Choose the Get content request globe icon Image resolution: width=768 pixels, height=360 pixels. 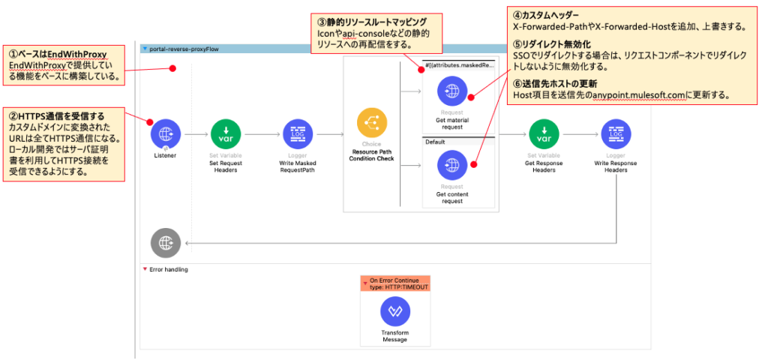click(x=451, y=166)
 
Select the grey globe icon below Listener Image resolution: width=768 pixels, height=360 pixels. click(x=165, y=242)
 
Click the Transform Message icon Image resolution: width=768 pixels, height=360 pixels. click(x=394, y=312)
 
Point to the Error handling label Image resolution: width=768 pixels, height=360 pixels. click(x=169, y=269)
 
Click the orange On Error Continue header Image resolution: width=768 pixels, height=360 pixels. click(x=395, y=283)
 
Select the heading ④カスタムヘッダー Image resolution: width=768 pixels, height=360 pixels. click(x=546, y=14)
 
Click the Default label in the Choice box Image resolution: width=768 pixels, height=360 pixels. click(x=435, y=141)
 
